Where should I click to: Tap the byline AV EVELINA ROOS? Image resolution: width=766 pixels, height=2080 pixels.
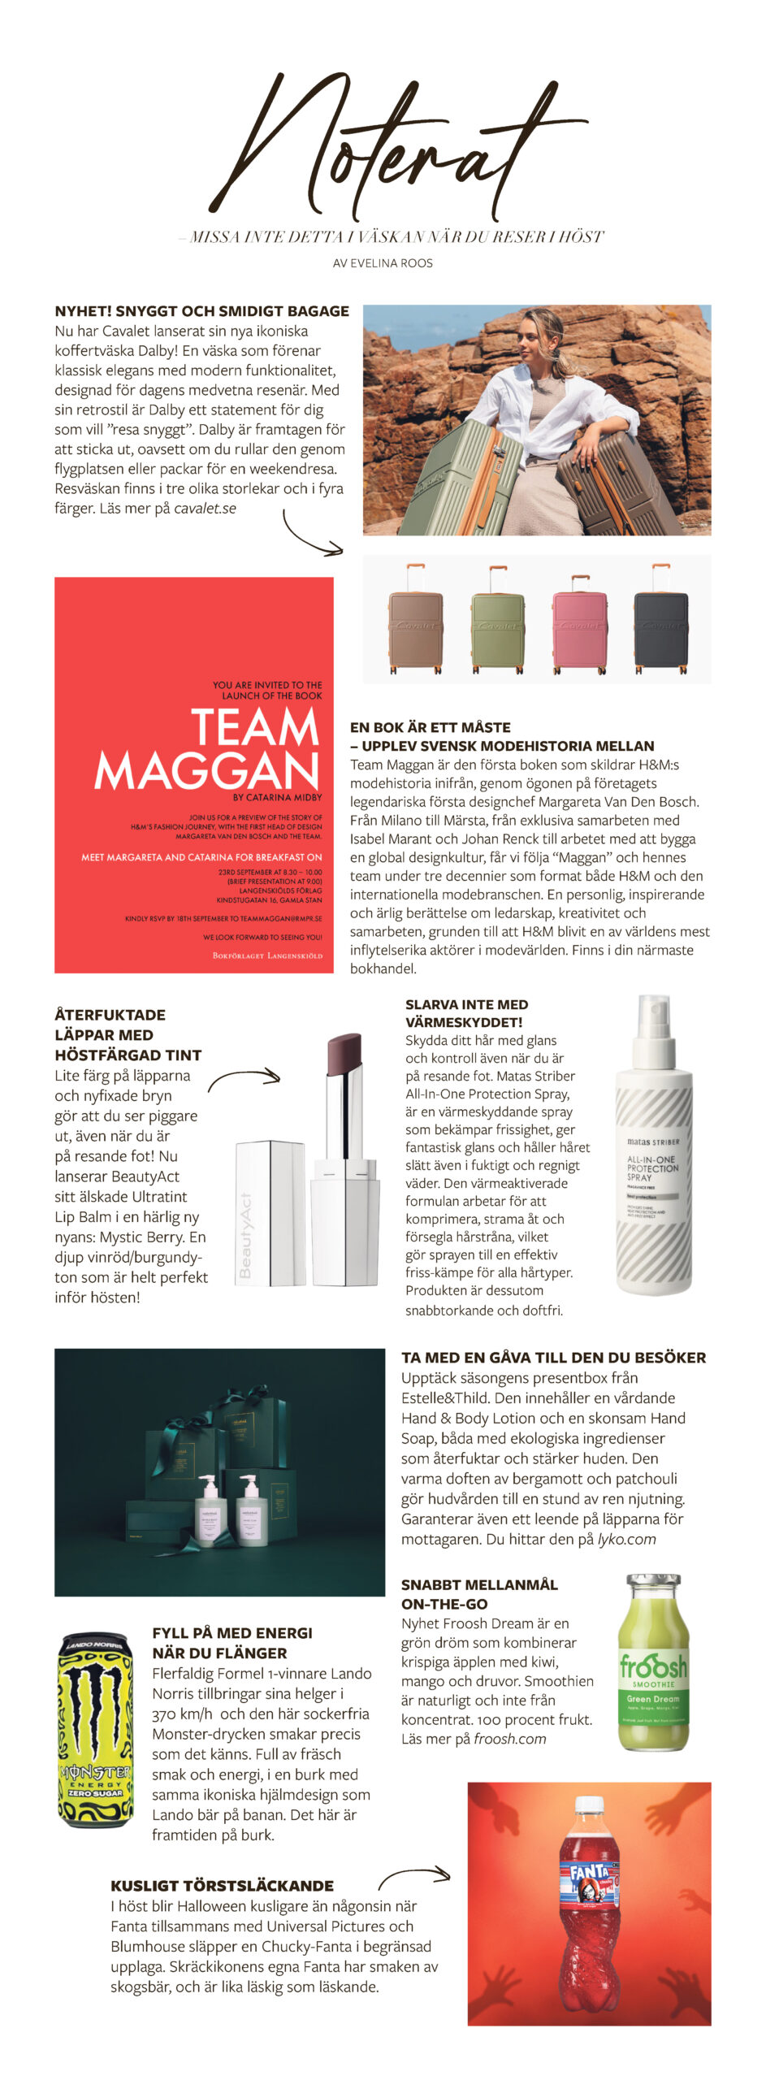click(x=383, y=263)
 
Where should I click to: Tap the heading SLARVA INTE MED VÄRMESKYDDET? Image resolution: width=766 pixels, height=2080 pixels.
click(x=466, y=1013)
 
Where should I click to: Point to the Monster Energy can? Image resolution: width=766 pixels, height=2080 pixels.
click(x=95, y=1730)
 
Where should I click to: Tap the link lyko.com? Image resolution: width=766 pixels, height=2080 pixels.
click(x=626, y=1539)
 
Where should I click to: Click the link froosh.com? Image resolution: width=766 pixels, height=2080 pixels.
click(x=509, y=1739)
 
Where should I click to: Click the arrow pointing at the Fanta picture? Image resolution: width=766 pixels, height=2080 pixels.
click(x=413, y=1876)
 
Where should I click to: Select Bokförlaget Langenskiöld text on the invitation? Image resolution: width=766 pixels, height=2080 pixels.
click(x=267, y=955)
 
